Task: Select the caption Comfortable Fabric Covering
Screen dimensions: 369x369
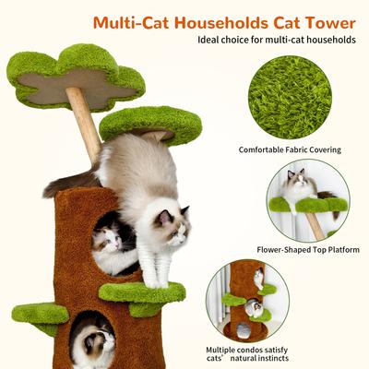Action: point(290,149)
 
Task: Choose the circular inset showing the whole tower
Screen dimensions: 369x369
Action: point(247,301)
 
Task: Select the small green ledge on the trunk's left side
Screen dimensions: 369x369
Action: point(41,315)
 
